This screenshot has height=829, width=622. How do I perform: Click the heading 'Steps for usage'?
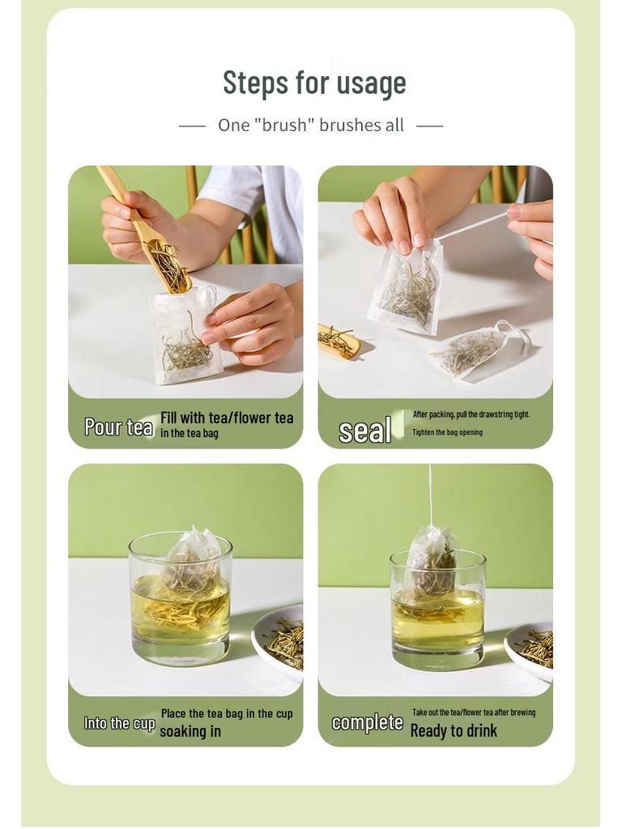(314, 83)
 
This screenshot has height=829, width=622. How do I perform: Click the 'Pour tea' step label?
(118, 427)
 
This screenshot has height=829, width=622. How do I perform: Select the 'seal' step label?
(364, 431)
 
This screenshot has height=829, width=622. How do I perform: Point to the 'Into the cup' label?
(119, 723)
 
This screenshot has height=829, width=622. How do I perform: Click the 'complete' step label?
(367, 722)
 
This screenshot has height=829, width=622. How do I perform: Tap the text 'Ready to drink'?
(454, 731)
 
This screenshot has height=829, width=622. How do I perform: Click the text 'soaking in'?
(190, 732)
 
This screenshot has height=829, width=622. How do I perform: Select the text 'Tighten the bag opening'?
(447, 432)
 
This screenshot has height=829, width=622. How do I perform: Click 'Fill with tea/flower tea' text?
(227, 418)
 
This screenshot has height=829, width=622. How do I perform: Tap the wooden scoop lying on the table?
(339, 341)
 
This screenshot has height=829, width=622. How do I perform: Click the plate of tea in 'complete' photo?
(531, 648)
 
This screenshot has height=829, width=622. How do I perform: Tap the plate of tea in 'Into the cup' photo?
(280, 640)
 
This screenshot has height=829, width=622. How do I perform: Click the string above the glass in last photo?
(430, 494)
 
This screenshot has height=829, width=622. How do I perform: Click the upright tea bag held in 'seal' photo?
(407, 287)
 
